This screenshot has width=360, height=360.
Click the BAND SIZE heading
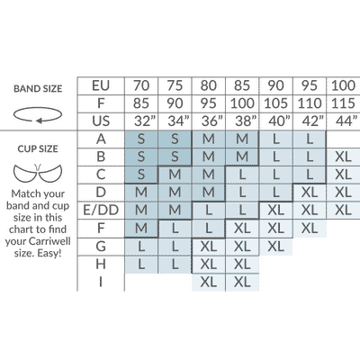tap(38, 89)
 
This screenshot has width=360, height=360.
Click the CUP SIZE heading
tap(38, 148)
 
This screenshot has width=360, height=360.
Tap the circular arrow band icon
tap(38, 115)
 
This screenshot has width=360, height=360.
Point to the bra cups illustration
tap(38, 173)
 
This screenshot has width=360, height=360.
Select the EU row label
tap(101, 85)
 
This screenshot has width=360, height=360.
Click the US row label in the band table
tap(101, 121)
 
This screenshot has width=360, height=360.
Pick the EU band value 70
tap(141, 85)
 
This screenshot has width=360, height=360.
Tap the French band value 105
tap(275, 103)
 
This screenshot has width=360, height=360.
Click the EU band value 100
tap(343, 85)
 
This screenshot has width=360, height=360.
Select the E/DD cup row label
tap(101, 211)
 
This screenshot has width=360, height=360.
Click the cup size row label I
tap(101, 282)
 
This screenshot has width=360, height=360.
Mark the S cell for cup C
tap(141, 175)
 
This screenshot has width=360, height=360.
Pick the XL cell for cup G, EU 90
tap(275, 247)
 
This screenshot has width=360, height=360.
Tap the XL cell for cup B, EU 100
tap(343, 157)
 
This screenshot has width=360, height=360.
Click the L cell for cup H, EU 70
tap(141, 265)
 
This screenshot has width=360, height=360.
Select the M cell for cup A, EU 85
tap(242, 139)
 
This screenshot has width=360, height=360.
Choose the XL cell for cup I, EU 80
tap(209, 282)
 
